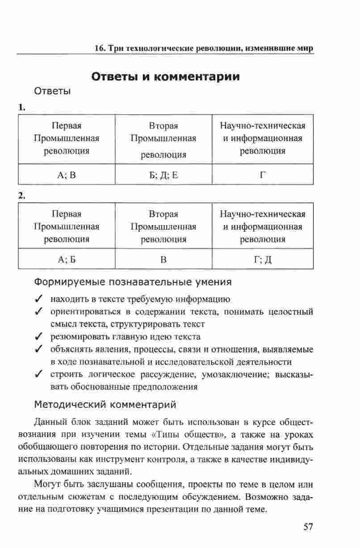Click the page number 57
click(x=308, y=527)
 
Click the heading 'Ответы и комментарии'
click(x=165, y=76)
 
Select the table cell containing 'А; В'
click(x=67, y=175)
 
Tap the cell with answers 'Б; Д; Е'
click(x=163, y=175)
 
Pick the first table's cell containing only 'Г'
click(x=263, y=175)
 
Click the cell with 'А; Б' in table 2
click(x=67, y=259)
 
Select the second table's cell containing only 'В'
click(x=163, y=259)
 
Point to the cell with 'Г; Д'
click(x=263, y=259)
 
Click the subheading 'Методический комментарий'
click(x=105, y=405)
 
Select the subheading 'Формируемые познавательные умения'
click(x=133, y=282)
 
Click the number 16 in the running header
click(x=100, y=48)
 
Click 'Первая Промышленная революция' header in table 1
click(x=67, y=138)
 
